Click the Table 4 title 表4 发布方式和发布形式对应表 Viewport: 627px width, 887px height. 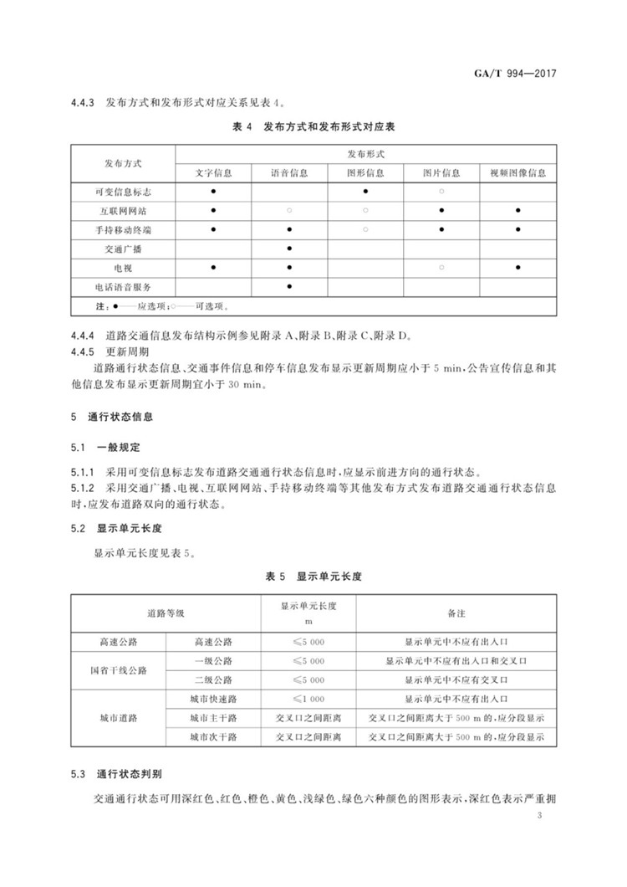(x=313, y=127)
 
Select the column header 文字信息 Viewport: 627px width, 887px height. (x=213, y=173)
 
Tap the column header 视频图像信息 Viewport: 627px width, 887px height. (x=518, y=173)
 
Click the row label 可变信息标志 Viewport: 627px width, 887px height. (x=123, y=192)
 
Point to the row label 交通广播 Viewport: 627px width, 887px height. (x=123, y=249)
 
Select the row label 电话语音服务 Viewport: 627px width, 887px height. (x=123, y=286)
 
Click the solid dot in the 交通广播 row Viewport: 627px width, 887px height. (x=289, y=249)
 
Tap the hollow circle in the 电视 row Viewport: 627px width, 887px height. (x=441, y=267)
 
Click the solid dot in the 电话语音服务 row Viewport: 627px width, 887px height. (x=289, y=286)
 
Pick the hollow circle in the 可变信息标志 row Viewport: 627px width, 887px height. (x=441, y=192)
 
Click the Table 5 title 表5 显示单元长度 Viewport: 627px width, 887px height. (x=313, y=577)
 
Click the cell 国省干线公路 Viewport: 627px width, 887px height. (x=118, y=670)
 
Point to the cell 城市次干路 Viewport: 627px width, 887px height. (x=213, y=737)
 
